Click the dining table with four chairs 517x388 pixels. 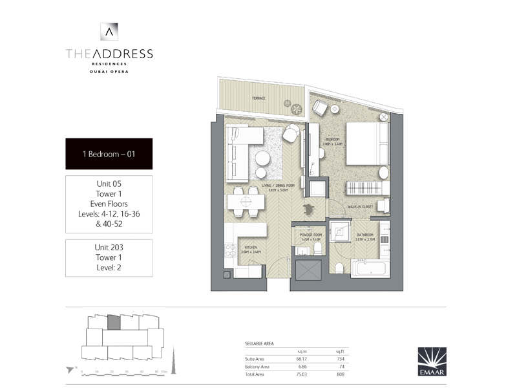(247, 201)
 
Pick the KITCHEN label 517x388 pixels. (251, 246)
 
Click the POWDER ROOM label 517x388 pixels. (311, 236)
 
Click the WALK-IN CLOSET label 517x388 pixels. (361, 207)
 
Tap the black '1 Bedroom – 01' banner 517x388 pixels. (109, 154)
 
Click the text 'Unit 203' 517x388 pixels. (109, 248)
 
